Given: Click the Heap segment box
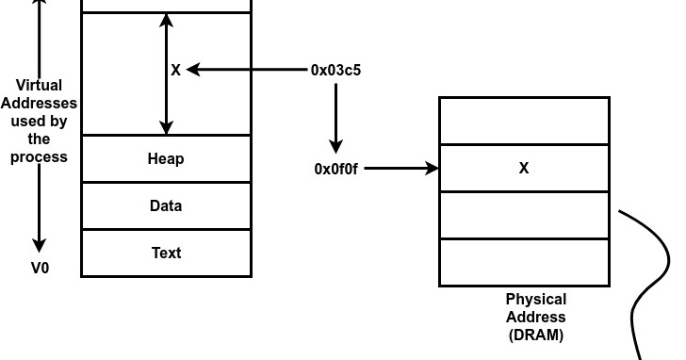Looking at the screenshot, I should [x=166, y=158].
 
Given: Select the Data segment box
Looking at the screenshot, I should [x=166, y=205].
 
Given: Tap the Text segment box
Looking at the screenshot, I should [x=166, y=253].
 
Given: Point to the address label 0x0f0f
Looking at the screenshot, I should [x=336, y=169].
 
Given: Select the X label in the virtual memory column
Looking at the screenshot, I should [x=175, y=70].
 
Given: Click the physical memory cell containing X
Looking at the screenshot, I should [x=524, y=169].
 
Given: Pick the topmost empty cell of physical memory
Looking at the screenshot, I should [x=524, y=121].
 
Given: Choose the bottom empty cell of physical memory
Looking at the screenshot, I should [x=524, y=262].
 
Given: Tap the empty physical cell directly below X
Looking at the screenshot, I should [x=524, y=215].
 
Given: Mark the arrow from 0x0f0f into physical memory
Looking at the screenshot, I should [x=400, y=169].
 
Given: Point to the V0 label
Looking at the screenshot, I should [x=40, y=268].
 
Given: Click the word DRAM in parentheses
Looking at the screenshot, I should [x=535, y=334].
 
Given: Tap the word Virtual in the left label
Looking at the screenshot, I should [x=39, y=86].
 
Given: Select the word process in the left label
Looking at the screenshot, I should [x=39, y=156].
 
